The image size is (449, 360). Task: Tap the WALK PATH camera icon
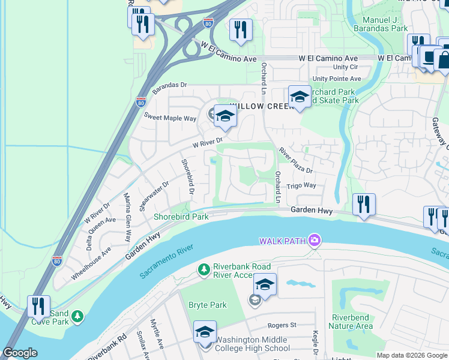pyautogui.click(x=313, y=241)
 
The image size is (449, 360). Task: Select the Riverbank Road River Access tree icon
pyautogui.click(x=204, y=269)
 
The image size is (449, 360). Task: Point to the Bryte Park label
pyautogui.click(x=208, y=305)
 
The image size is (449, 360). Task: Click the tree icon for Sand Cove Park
pyautogui.click(x=77, y=316)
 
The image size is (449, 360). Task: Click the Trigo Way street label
pyautogui.click(x=301, y=186)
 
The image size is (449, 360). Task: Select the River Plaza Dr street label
pyautogui.click(x=296, y=161)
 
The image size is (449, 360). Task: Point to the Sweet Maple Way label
pyautogui.click(x=169, y=119)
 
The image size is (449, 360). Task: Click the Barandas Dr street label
pyautogui.click(x=170, y=89)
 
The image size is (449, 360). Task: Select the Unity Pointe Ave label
pyautogui.click(x=337, y=79)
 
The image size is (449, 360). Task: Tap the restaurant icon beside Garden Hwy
pyautogui.click(x=364, y=204)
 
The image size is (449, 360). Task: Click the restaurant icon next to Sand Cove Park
pyautogui.click(x=38, y=306)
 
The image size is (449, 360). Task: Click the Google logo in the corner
pyautogui.click(x=20, y=353)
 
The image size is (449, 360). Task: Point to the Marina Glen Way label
pyautogui.click(x=128, y=216)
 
